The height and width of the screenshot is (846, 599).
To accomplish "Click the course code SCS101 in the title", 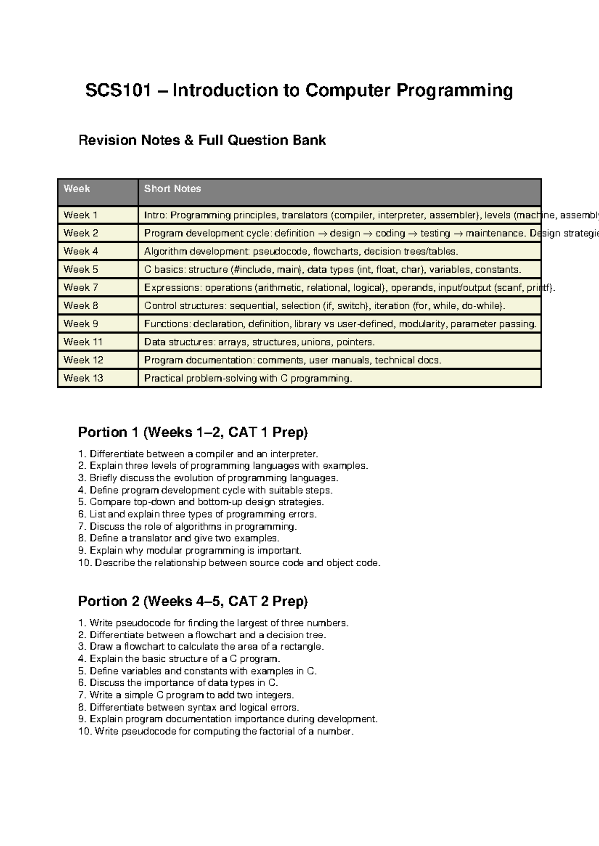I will [x=118, y=91].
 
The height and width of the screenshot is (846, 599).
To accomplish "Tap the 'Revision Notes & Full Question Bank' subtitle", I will [x=202, y=140].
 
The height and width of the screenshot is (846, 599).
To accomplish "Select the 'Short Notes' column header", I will [x=172, y=189].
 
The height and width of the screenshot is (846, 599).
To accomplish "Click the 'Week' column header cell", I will [x=77, y=189].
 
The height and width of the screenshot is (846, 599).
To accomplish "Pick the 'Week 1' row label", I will [x=80, y=215].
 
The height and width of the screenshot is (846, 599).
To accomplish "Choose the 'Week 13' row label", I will [x=83, y=378].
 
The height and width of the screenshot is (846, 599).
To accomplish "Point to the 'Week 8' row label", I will [x=81, y=306].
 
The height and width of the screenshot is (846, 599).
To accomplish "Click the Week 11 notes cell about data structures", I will [x=259, y=342].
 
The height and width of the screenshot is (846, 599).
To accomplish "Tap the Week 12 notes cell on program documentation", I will [x=293, y=360].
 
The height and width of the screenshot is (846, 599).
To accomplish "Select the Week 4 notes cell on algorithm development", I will [x=300, y=251].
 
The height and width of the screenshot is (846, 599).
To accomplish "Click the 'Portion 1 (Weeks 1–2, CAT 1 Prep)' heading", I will [x=193, y=432].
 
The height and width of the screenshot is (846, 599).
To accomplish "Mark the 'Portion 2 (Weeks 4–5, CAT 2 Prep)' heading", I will [x=193, y=601].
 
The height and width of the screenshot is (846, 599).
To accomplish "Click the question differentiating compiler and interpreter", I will [x=198, y=454].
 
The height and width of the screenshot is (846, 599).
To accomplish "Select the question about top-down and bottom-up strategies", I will [x=201, y=502].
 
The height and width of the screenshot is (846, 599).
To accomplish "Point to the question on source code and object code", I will [x=230, y=563].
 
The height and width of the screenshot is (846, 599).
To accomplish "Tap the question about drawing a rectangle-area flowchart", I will [x=201, y=647].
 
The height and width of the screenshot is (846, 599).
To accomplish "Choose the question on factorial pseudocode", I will [x=216, y=732].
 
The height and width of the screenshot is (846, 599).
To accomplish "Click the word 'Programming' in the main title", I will [x=455, y=91].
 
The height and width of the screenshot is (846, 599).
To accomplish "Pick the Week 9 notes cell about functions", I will [x=340, y=324].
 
